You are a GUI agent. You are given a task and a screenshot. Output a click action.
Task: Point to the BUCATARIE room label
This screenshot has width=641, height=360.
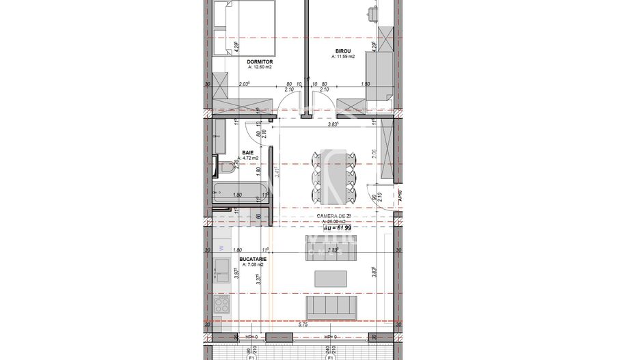(x=252, y=260)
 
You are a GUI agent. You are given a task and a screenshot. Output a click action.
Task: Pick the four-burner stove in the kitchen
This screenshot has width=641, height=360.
(x=223, y=305)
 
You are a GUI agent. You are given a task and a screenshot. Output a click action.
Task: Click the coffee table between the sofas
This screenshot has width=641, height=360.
(x=331, y=279)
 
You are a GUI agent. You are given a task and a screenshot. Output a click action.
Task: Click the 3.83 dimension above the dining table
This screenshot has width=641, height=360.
(x=333, y=125)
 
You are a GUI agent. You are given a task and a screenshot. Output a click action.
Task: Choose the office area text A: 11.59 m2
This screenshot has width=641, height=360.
(x=344, y=57)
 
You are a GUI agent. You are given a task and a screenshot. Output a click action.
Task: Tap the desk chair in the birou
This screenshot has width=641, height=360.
(x=372, y=12)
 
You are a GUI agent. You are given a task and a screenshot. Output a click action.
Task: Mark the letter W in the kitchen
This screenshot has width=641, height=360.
(x=221, y=248)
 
